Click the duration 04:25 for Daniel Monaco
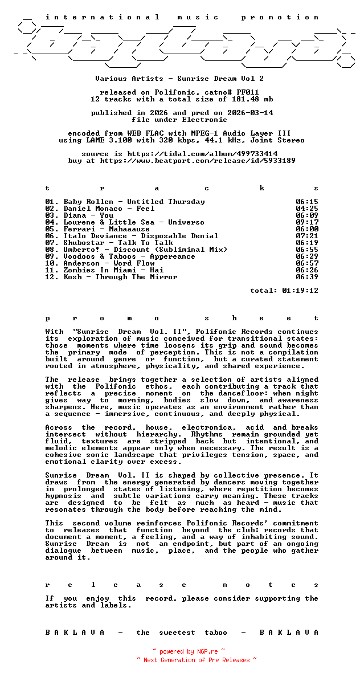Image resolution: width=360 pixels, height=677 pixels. [x=307, y=209]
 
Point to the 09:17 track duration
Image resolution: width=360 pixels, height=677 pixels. [x=307, y=222]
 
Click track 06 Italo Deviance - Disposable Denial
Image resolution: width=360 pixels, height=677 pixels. [x=132, y=236]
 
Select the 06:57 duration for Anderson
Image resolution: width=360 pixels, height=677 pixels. [x=307, y=263]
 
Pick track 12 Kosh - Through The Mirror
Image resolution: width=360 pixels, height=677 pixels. [x=111, y=277]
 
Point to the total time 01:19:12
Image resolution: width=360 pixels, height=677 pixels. [x=300, y=291]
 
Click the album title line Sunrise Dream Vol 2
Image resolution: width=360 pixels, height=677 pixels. [x=179, y=79]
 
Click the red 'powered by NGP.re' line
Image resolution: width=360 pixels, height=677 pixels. [x=188, y=651]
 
